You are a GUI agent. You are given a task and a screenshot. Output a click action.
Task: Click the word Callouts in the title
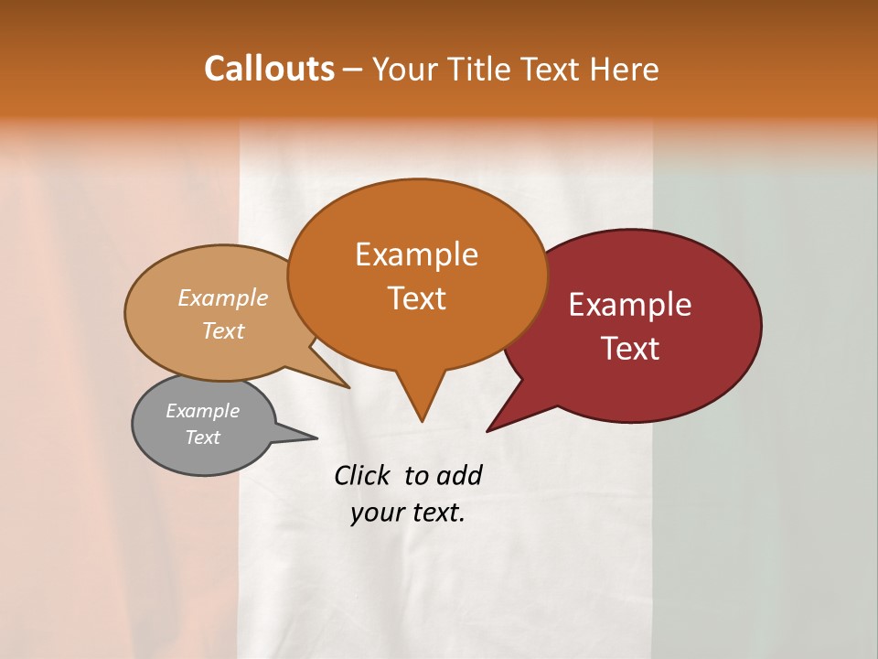[x=269, y=69]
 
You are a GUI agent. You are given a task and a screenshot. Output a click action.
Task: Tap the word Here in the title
[x=625, y=69]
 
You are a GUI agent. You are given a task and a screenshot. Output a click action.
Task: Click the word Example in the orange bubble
[x=416, y=254]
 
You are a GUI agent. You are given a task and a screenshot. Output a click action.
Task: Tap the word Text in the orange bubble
[x=416, y=298]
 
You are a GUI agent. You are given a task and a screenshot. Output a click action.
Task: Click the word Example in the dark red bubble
[x=630, y=305]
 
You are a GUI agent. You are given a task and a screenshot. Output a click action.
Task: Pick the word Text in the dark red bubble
[x=630, y=349]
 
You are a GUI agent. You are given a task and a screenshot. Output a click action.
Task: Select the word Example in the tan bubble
[x=223, y=297]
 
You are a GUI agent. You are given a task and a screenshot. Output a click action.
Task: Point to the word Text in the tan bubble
[x=223, y=330]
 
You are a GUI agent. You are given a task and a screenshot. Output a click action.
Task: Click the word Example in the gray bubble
[x=202, y=411]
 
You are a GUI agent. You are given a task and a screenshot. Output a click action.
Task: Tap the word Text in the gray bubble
[x=202, y=438]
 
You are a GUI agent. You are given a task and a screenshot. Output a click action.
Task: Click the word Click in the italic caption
[x=362, y=476]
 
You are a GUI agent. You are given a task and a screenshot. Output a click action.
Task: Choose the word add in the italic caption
[x=458, y=476]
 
